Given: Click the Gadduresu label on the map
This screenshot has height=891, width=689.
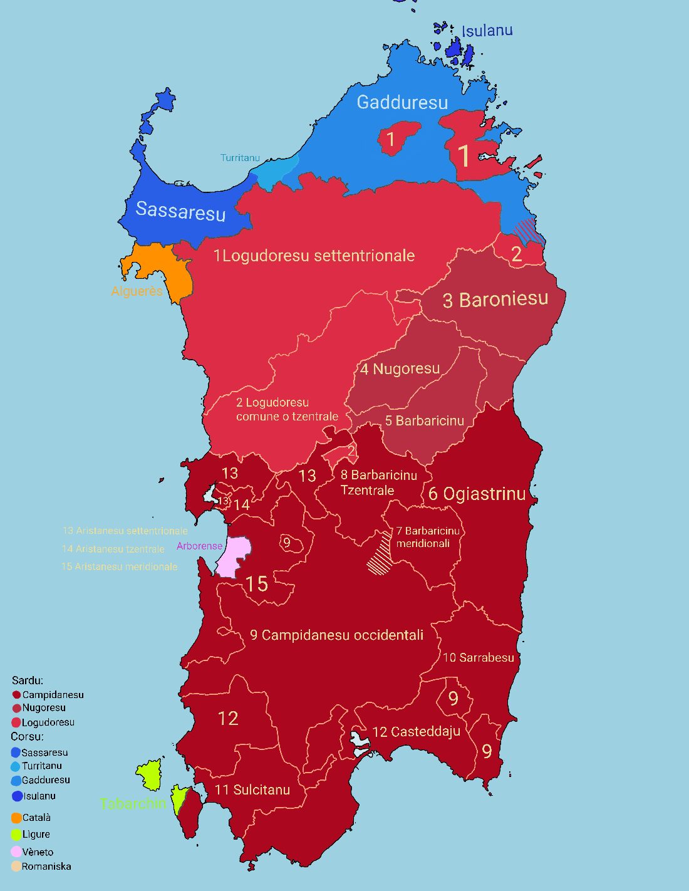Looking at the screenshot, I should (x=402, y=102).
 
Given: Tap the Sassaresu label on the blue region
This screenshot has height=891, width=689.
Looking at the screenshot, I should (x=180, y=211).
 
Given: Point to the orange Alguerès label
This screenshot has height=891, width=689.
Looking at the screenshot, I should (x=137, y=291).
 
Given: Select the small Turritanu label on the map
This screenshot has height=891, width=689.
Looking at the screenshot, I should (x=240, y=158).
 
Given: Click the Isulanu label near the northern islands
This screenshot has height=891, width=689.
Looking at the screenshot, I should (x=487, y=31).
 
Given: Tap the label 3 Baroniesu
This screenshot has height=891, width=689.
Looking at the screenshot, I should (x=495, y=300).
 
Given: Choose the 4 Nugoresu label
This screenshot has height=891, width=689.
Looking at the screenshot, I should (x=400, y=369).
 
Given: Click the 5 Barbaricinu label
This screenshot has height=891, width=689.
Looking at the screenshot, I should (x=424, y=420).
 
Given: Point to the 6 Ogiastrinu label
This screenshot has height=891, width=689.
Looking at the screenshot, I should (x=477, y=494).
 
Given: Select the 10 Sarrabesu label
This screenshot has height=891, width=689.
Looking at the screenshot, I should (x=479, y=657).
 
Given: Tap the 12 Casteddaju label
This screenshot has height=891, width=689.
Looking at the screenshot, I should (x=417, y=732).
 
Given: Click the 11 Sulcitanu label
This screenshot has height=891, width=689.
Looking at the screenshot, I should (x=252, y=789).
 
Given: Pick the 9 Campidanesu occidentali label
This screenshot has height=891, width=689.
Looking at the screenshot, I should (x=337, y=635).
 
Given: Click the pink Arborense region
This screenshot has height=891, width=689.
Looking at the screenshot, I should (x=233, y=555).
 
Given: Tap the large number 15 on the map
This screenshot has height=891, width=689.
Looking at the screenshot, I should (x=257, y=584).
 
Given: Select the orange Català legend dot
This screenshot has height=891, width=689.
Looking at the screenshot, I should (x=16, y=818).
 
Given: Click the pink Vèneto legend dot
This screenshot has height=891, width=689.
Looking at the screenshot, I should (x=16, y=852).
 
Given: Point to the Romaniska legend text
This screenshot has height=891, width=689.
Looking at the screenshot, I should (x=46, y=867).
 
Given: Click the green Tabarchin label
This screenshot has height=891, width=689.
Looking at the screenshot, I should (x=133, y=803).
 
